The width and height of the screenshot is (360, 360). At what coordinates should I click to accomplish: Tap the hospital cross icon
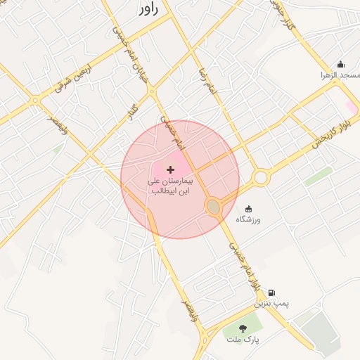[x=170, y=169]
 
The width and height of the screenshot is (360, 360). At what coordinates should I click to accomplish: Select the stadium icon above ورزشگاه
[x=247, y=209]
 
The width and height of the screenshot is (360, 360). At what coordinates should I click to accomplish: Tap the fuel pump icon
[x=271, y=292]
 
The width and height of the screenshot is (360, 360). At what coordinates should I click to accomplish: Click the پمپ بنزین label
[x=271, y=304]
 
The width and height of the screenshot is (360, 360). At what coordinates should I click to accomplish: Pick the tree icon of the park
[x=243, y=328]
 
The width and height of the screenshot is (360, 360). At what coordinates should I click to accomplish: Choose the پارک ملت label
[x=243, y=340]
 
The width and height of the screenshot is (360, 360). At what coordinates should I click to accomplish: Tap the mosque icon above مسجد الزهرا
[x=341, y=64]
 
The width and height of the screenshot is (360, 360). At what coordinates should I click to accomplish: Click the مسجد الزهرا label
[x=340, y=75]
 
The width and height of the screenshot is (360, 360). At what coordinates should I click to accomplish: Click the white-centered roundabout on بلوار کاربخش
[x=261, y=177]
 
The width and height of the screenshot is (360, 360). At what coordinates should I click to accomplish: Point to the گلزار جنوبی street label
[x=282, y=14]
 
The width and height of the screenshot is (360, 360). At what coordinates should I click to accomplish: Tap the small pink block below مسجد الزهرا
[x=351, y=106]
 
